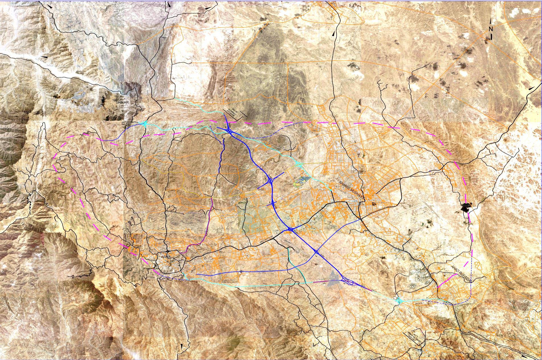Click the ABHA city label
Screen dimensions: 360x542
166,257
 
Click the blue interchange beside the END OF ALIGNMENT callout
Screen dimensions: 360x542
229,130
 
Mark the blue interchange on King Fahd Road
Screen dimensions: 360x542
290,229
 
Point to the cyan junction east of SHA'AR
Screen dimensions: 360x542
144,124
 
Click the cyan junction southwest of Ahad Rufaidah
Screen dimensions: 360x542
399,301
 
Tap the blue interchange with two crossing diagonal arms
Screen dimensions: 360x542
270,180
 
